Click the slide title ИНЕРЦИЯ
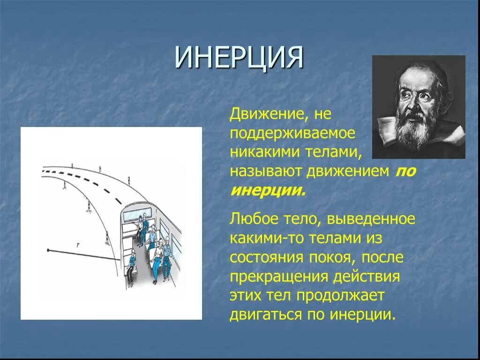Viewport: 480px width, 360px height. point(239,57)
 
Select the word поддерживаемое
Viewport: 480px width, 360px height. point(292,134)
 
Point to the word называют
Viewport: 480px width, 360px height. point(266,172)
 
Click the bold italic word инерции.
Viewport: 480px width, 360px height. point(268,190)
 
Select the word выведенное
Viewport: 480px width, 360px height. point(371,219)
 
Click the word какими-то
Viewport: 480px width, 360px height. point(266,238)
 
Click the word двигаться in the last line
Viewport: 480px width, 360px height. point(266,315)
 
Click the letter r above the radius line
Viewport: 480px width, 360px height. point(78,245)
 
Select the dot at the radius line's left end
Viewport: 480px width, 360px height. point(48,250)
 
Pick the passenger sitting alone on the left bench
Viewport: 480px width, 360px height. point(131,267)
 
